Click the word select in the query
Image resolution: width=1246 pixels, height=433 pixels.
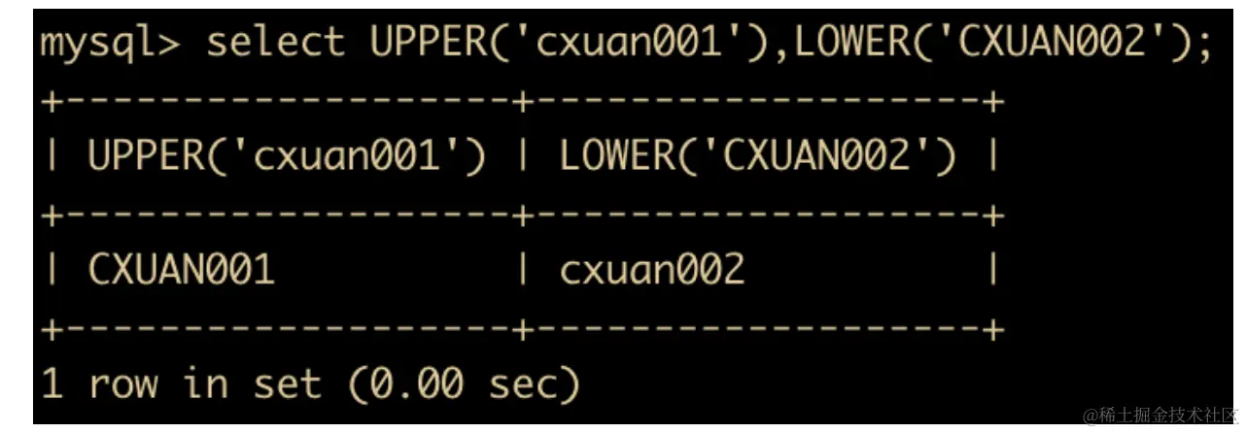(x=275, y=44)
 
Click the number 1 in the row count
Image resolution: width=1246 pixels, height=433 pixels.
(x=52, y=384)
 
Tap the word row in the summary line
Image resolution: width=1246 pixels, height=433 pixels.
(x=122, y=384)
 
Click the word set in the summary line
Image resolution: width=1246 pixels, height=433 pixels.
(x=287, y=384)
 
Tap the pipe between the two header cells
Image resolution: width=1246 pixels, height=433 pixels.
(x=522, y=157)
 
